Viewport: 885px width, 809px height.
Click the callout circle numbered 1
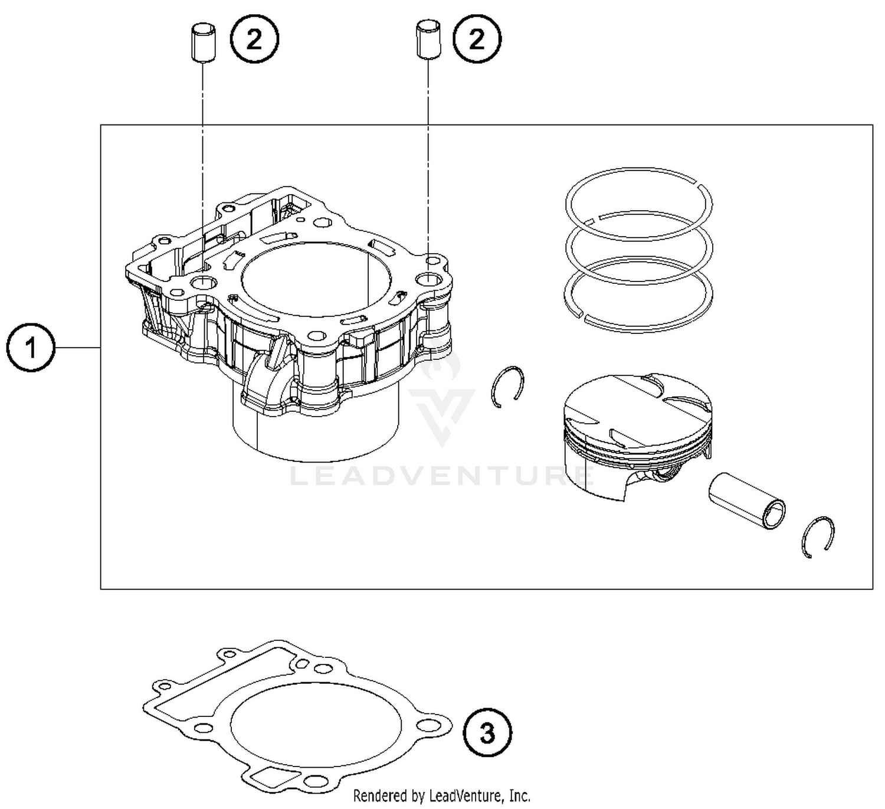(x=31, y=348)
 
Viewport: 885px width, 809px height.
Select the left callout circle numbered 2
(x=254, y=40)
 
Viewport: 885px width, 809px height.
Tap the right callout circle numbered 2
(x=477, y=40)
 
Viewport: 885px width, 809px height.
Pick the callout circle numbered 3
(x=487, y=733)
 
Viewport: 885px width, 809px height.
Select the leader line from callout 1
(x=77, y=348)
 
